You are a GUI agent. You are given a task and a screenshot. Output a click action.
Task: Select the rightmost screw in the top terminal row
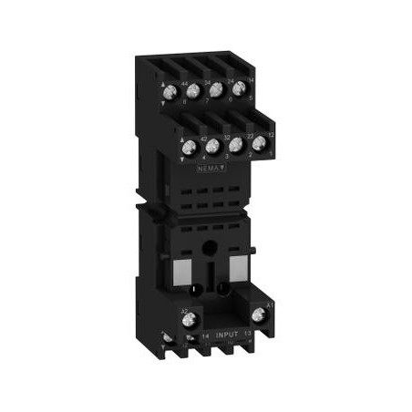pos(239,90)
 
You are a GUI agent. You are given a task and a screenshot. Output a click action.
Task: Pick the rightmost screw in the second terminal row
pos(259,142)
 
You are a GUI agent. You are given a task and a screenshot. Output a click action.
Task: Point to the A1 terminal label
pos(270,302)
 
